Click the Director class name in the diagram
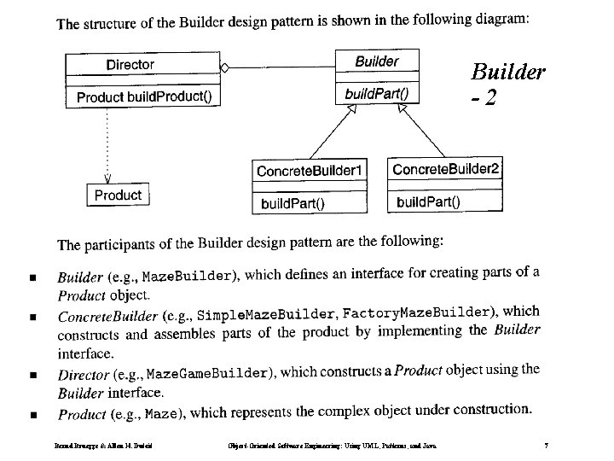130,64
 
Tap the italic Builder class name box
376,61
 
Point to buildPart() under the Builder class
376,92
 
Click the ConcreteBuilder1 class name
310,171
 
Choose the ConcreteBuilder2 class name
445,169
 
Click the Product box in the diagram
118,195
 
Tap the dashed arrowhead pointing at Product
107,178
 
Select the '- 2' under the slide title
483,99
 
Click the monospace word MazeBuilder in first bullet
187,277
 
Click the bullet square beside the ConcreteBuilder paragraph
32,317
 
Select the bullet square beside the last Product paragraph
32,415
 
